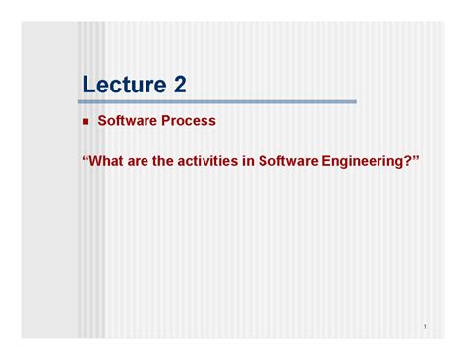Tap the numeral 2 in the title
(x=178, y=85)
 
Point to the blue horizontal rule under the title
(x=217, y=101)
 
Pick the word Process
(x=188, y=121)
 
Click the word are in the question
(x=145, y=159)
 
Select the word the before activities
(x=173, y=159)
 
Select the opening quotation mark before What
(x=85, y=156)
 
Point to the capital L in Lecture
(x=88, y=85)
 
